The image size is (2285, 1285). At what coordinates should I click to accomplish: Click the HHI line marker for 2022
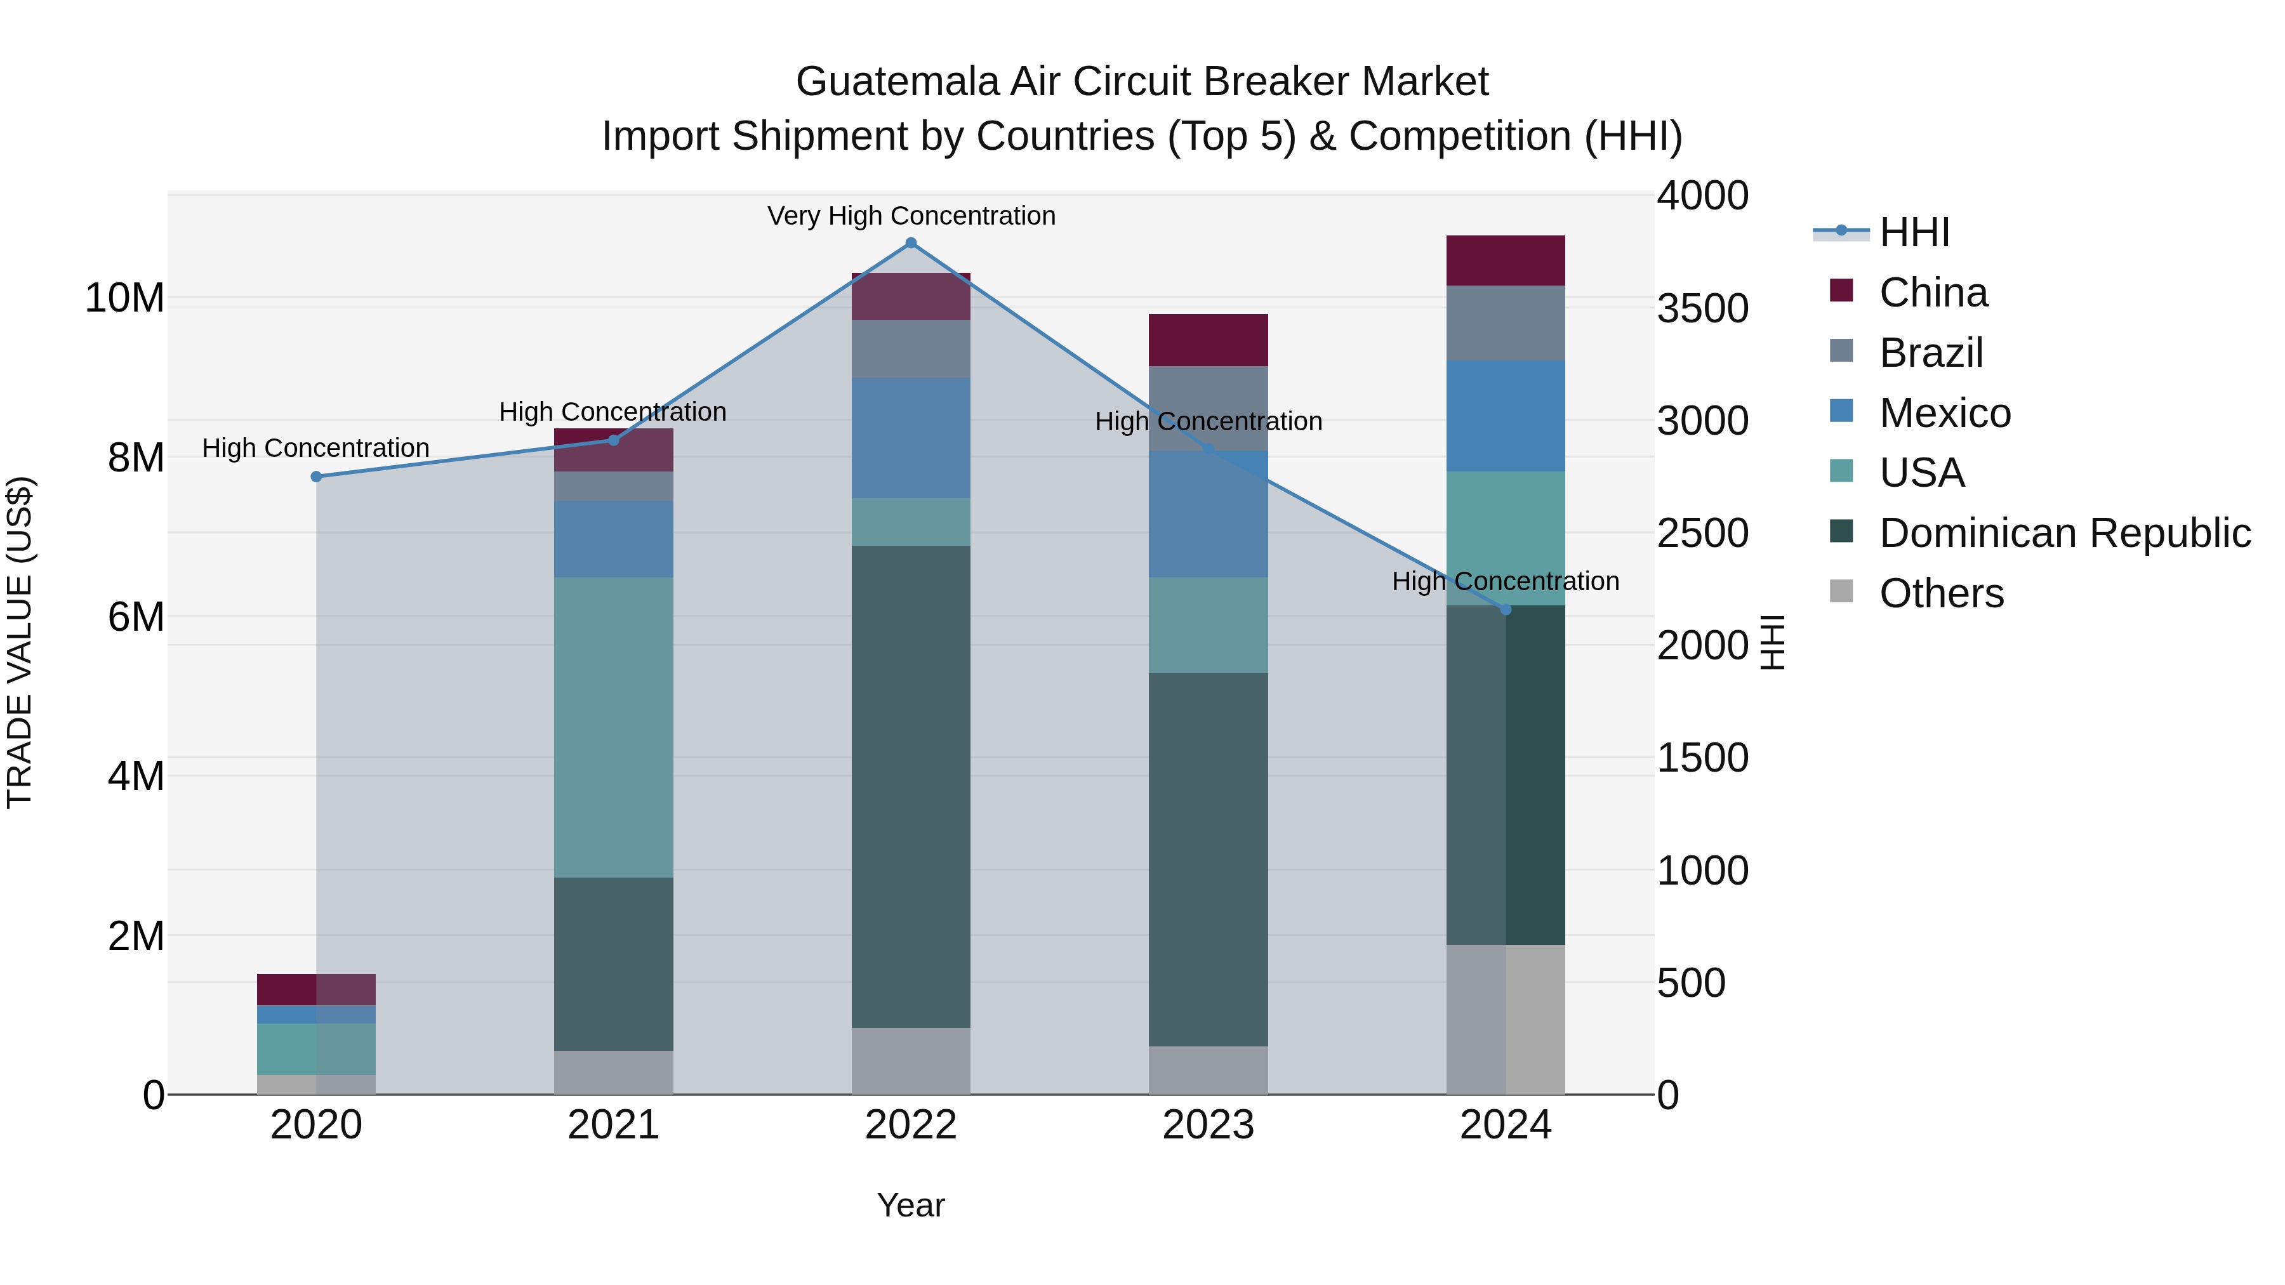(x=910, y=243)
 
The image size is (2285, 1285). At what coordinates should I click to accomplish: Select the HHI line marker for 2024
(x=1506, y=609)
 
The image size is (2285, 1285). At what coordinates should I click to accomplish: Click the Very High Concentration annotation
(x=911, y=216)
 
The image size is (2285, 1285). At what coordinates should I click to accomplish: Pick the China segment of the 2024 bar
(x=1506, y=261)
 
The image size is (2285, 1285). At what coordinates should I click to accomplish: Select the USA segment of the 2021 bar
(x=613, y=727)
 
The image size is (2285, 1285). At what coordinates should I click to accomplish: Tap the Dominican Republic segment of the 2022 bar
(x=910, y=787)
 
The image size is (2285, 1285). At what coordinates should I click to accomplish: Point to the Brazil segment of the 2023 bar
(x=1207, y=408)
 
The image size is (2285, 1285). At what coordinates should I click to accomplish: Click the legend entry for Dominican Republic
(x=2064, y=533)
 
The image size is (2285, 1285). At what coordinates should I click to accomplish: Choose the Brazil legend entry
(x=1930, y=353)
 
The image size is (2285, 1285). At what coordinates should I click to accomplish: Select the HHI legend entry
(x=1913, y=232)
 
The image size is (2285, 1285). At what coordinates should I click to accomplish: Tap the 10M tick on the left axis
(x=124, y=298)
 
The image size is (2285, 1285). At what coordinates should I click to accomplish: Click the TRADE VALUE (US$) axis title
(x=20, y=642)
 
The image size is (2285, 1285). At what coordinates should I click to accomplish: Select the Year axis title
(x=910, y=1205)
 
